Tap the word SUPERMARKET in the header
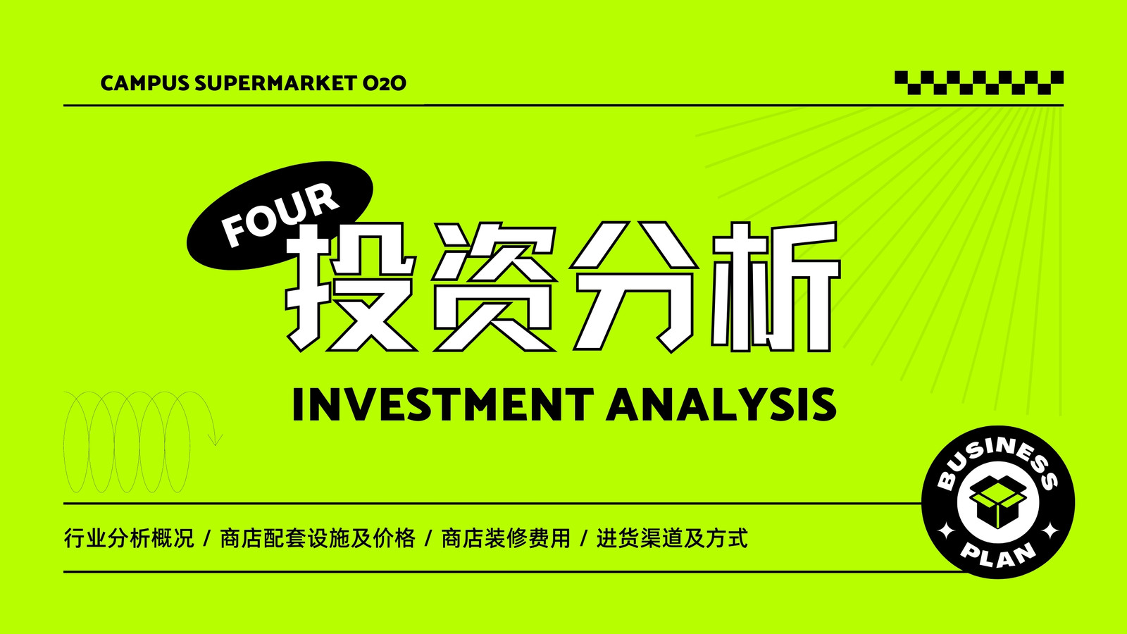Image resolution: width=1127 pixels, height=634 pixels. pyautogui.click(x=275, y=83)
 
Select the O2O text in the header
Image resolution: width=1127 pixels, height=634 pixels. pyautogui.click(x=385, y=83)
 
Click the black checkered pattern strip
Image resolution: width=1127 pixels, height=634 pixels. pyautogui.click(x=979, y=82)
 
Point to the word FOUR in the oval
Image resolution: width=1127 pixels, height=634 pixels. pyautogui.click(x=280, y=215)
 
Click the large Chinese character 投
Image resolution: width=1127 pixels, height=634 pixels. pyautogui.click(x=351, y=287)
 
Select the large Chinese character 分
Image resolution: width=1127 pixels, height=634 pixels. pyautogui.click(x=633, y=287)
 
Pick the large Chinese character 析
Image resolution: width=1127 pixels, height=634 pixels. pyautogui.click(x=776, y=287)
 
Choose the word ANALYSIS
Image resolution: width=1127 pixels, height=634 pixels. pyautogui.click(x=721, y=404)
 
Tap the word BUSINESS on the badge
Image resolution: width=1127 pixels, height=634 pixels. pyautogui.click(x=997, y=460)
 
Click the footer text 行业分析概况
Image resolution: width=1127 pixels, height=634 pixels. pyautogui.click(x=129, y=538)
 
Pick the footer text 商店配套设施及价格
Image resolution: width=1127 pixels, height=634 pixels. pyautogui.click(x=318, y=538)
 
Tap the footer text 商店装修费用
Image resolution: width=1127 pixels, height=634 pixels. pyautogui.click(x=506, y=538)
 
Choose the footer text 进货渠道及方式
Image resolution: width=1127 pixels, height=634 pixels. pyautogui.click(x=672, y=538)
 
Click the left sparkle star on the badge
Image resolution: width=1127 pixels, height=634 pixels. pyautogui.click(x=947, y=531)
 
